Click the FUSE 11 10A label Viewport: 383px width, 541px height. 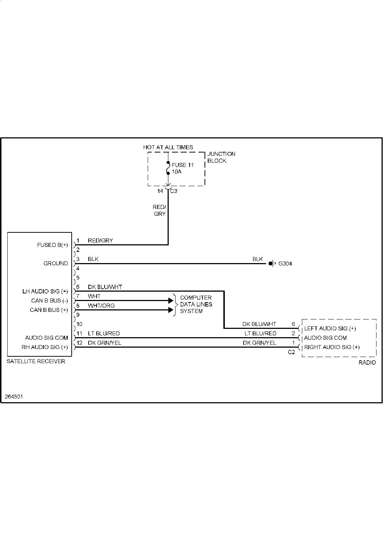pos(182,168)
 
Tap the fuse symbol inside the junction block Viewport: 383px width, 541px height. pos(168,168)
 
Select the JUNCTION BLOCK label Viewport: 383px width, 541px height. pos(221,157)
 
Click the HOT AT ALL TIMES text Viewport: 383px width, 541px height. pos(168,147)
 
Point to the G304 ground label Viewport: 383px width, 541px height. pos(285,264)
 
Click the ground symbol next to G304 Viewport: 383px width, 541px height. pos(272,263)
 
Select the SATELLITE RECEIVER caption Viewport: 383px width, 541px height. pos(36,361)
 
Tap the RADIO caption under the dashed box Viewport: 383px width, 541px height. pos(367,362)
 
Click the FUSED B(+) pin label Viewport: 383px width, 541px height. pos(52,245)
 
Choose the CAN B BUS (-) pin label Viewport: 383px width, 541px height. pos(50,301)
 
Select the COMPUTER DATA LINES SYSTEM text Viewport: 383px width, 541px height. pos(196,304)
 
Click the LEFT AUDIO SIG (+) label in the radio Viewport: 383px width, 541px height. pos(330,329)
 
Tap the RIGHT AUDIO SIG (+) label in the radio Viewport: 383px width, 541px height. pos(332,347)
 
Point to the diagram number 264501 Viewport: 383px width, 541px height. pos(14,396)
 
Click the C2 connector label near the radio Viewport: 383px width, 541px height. pos(291,352)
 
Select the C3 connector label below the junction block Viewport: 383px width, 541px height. pos(174,191)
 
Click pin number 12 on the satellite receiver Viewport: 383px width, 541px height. pos(80,343)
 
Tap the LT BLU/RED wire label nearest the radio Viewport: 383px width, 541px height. pos(260,334)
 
